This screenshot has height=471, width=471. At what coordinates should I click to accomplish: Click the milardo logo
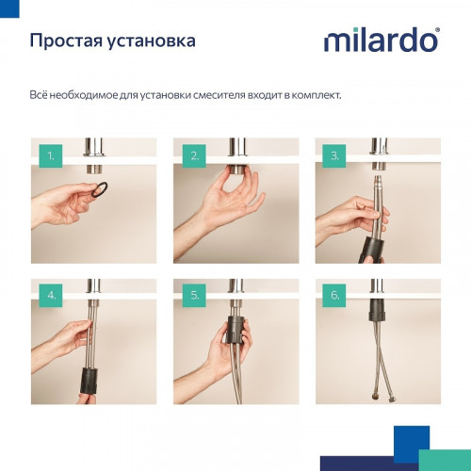pyautogui.click(x=381, y=41)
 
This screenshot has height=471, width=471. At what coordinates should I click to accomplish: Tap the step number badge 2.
pyautogui.click(x=192, y=154)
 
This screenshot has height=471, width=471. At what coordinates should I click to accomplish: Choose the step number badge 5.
pyautogui.click(x=192, y=295)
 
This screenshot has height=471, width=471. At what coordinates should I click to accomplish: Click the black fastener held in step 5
pyautogui.click(x=235, y=334)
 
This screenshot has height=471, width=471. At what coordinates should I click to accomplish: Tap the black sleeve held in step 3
pyautogui.click(x=368, y=236)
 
